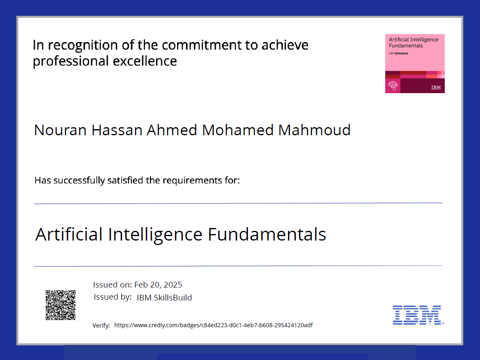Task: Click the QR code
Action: click(x=61, y=305)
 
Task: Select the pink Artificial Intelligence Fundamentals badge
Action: click(x=415, y=63)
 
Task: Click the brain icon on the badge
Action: click(x=393, y=85)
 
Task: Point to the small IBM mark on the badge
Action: click(x=436, y=87)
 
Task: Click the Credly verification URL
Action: click(x=213, y=325)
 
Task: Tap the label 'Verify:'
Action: click(x=101, y=326)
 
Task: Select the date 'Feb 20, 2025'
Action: click(x=158, y=285)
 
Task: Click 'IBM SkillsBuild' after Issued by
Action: click(x=164, y=298)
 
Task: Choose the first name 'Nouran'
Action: click(x=61, y=130)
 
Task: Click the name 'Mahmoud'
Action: click(x=314, y=130)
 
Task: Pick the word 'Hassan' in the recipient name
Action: click(x=117, y=130)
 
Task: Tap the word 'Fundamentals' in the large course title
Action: click(x=267, y=234)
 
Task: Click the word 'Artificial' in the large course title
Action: click(x=69, y=234)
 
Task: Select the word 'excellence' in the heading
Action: click(x=145, y=61)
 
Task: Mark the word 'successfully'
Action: click(x=79, y=180)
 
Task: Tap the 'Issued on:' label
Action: click(x=113, y=285)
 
